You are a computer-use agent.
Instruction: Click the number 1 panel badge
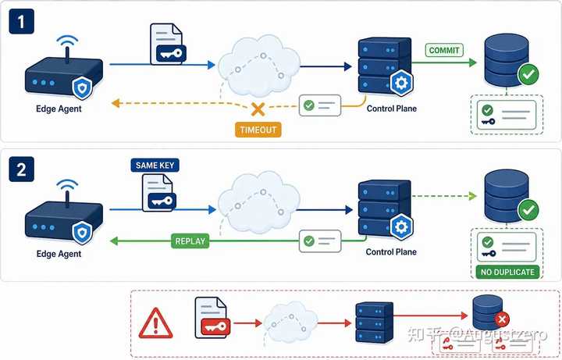pos(22,22)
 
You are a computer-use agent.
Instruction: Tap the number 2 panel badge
pos(22,169)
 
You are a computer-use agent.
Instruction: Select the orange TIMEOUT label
pos(258,130)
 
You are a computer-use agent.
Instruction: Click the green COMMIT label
pos(444,50)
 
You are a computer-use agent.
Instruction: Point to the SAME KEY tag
pos(155,166)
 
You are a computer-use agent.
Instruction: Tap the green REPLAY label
pos(190,241)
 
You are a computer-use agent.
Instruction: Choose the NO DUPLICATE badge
pos(507,272)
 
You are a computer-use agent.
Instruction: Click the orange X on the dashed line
pos(258,109)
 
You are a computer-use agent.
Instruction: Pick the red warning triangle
pos(155,323)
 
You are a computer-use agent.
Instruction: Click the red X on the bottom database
pos(502,319)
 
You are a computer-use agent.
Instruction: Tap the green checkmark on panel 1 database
pos(528,74)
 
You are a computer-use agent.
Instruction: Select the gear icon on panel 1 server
pos(401,83)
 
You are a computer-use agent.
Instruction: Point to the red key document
pos(211,318)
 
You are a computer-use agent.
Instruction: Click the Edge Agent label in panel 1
pos(59,109)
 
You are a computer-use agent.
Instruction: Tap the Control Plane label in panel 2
pos(391,251)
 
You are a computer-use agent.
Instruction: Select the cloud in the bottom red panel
pos(290,322)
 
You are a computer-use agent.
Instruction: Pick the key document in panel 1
pos(167,44)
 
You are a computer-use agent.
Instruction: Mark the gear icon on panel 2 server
pos(401,226)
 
